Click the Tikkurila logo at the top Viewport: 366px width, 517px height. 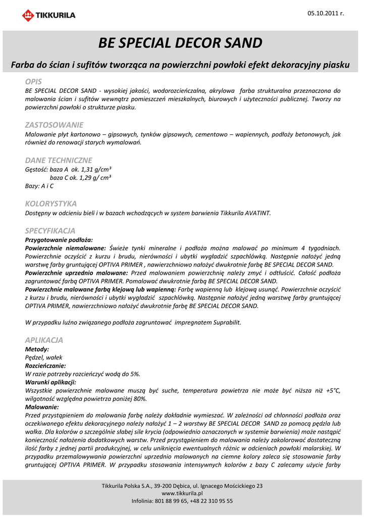(48, 15)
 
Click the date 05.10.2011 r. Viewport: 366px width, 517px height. (326, 13)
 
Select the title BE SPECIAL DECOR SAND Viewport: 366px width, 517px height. (180, 43)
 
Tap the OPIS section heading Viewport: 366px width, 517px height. (33, 81)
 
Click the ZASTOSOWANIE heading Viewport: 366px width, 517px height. (54, 125)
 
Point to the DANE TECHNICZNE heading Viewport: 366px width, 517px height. (59, 160)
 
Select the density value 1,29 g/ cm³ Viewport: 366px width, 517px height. (96, 178)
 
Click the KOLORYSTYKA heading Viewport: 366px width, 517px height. (51, 203)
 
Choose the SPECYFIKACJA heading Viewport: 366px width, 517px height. (50, 231)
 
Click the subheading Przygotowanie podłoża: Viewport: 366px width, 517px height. (59, 240)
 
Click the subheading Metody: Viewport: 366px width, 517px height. (37, 349)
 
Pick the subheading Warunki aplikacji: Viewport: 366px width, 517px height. (50, 382)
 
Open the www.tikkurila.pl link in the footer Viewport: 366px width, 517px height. (182, 493)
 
